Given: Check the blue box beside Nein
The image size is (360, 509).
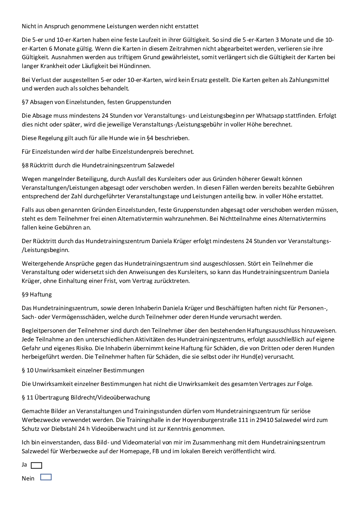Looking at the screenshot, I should (46, 477).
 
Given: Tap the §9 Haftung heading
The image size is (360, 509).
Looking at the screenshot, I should (37, 294).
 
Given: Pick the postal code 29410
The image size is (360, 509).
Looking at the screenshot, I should (265, 420).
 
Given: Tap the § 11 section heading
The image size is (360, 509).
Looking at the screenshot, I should (86, 397).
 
